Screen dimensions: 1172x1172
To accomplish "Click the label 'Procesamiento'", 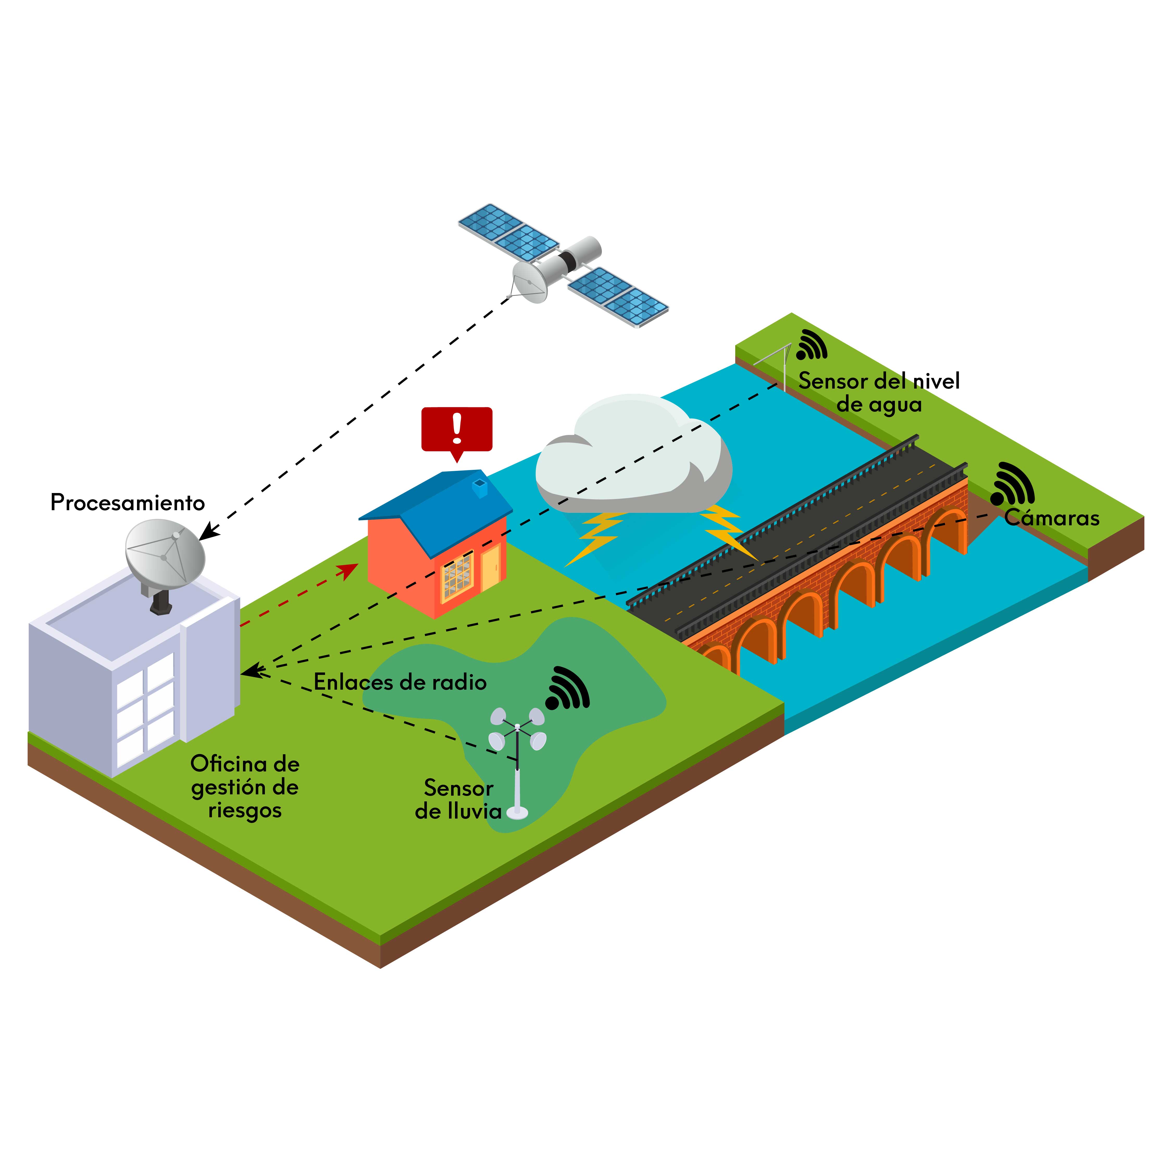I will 127,503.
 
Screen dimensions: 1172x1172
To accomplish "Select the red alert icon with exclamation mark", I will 457,429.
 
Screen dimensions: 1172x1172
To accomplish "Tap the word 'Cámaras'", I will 1051,518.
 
